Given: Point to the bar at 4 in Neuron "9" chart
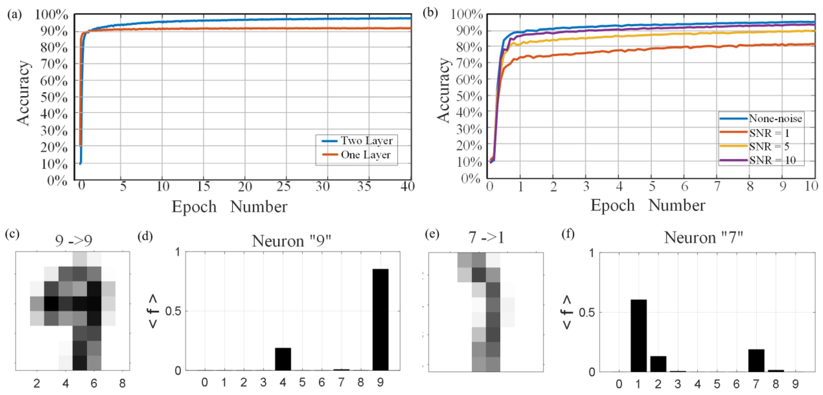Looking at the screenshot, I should tap(283, 359).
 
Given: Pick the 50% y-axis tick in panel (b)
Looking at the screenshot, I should tap(469, 96).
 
